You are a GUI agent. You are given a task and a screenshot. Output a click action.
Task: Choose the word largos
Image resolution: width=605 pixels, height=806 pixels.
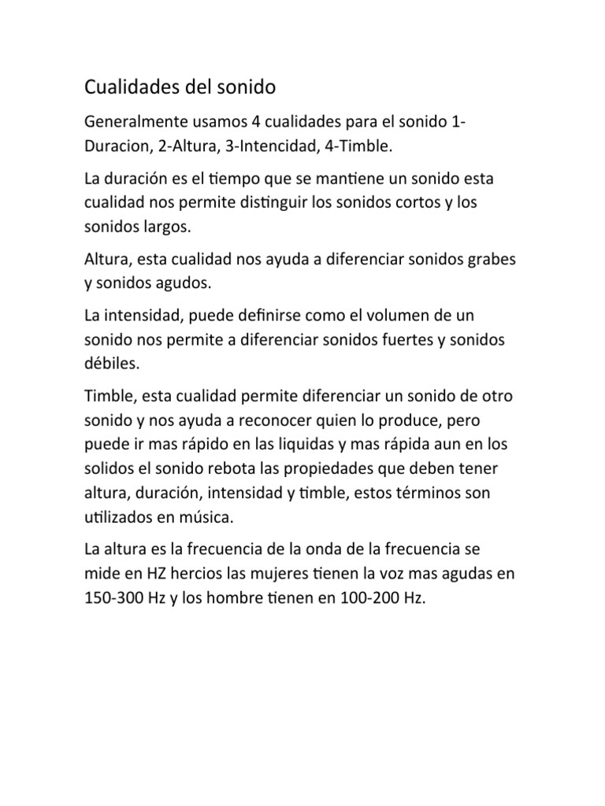163,226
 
